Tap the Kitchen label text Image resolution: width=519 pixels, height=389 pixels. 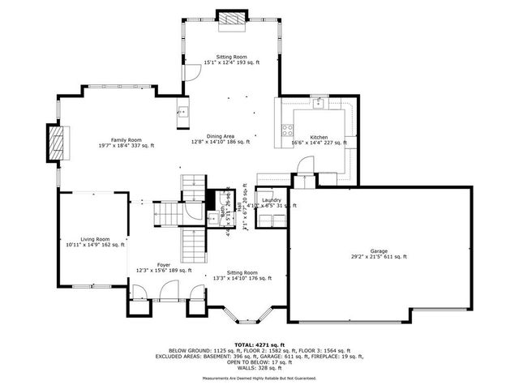319,137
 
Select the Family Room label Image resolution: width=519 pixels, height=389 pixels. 126,139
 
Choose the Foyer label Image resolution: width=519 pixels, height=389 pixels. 163,264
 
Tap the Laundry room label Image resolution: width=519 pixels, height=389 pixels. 271,200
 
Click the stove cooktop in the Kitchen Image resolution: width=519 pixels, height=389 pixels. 287,130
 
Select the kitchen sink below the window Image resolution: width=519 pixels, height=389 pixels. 320,103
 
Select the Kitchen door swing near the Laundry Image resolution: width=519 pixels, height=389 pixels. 302,164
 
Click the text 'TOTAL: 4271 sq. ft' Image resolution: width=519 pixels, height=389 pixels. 259,345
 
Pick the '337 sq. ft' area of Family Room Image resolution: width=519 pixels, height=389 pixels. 142,145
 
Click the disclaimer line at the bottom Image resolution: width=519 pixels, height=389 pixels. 259,378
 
